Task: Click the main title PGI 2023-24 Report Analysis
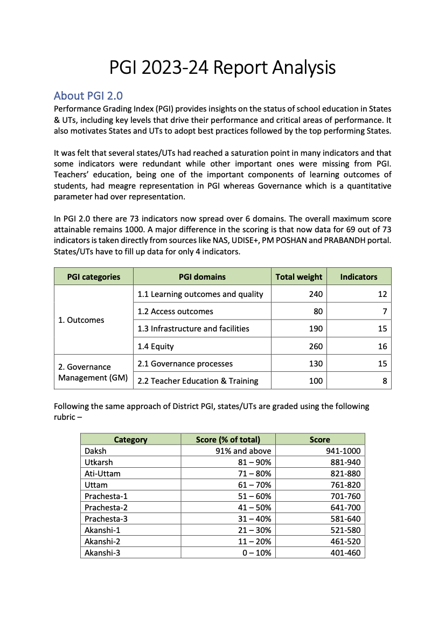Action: click(222, 68)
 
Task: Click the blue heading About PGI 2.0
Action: click(88, 96)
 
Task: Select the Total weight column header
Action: click(299, 277)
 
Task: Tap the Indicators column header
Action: click(359, 277)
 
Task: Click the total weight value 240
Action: click(316, 294)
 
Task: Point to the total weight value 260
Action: click(316, 347)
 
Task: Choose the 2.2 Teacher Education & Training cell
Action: click(198, 381)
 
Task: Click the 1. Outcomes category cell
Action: click(81, 320)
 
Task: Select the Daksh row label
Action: click(95, 451)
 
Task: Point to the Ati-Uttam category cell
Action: click(102, 474)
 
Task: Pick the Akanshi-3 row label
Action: click(102, 553)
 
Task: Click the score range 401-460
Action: click(344, 553)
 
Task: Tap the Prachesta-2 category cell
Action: click(106, 508)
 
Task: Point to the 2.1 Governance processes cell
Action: click(185, 364)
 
